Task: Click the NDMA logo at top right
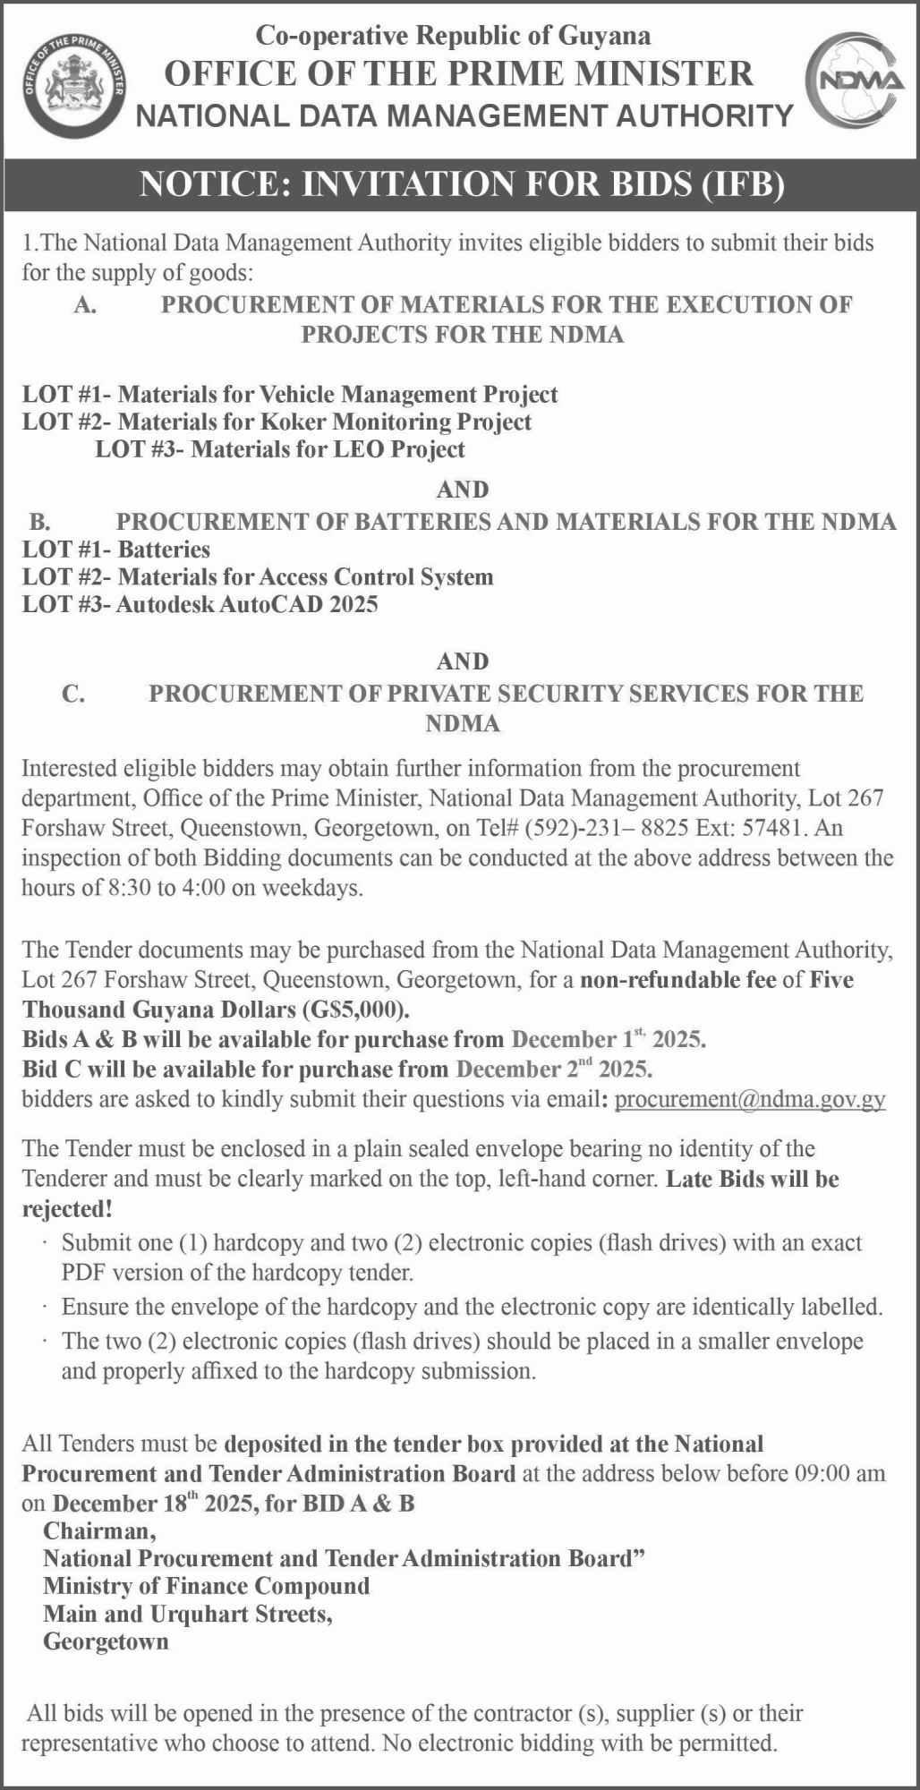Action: point(855,81)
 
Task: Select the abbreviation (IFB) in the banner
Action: point(743,183)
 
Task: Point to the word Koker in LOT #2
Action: point(291,422)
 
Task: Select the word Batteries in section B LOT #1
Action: point(164,549)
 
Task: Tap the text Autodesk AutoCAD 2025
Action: point(247,604)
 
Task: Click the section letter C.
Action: point(73,694)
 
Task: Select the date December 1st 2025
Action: point(608,1039)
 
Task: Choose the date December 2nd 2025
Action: point(554,1069)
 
